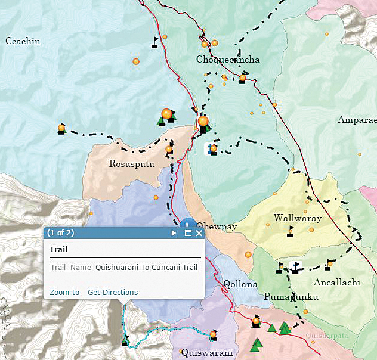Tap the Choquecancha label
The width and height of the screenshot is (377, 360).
point(227,60)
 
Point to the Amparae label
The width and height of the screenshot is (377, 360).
point(357,120)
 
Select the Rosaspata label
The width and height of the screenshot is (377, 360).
point(132,164)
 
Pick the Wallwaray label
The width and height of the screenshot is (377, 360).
point(297,218)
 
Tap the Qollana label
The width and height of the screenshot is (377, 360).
point(240,284)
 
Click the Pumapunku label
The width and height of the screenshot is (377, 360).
point(291,297)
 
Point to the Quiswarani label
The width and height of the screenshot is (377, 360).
point(207,352)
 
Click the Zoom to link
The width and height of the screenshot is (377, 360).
point(64,293)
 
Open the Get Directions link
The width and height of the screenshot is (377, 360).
point(113,293)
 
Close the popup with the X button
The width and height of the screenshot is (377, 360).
point(199,234)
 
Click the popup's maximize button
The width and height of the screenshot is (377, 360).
point(188,234)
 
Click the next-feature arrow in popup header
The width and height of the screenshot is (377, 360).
point(174,234)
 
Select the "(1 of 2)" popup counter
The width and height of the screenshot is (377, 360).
point(61,233)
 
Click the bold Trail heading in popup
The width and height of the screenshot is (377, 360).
point(58,250)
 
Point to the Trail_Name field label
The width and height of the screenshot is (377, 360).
point(70,268)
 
